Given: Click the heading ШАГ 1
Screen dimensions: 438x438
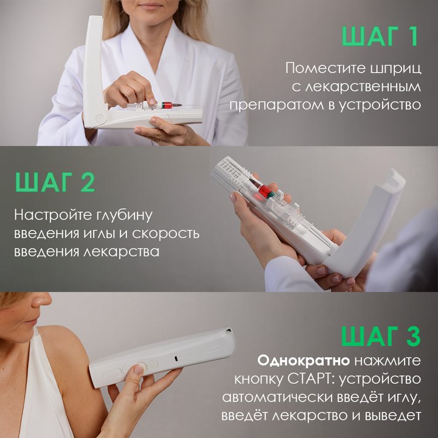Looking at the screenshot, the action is point(380,36).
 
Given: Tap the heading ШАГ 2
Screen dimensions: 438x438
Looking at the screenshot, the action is point(55,182).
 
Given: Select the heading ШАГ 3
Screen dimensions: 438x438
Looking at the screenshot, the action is point(381,336).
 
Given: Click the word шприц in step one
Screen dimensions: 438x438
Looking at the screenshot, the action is point(394,69).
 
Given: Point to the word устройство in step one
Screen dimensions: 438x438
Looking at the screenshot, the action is point(380,105).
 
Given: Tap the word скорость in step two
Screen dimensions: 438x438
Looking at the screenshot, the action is point(165,234).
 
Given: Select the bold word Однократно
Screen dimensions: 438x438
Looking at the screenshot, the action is point(304,361).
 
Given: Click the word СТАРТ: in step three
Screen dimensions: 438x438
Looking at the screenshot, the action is point(303,380).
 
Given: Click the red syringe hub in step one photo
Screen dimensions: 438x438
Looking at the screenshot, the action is point(167,106).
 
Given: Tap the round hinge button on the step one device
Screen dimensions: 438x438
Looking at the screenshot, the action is point(99,117).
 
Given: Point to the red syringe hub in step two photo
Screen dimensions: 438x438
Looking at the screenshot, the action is point(265,192).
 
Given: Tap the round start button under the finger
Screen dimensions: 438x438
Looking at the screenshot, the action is point(141,366).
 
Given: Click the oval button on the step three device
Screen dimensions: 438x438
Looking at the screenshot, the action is point(111,374).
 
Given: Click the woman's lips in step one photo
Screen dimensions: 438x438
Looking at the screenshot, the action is point(151,6).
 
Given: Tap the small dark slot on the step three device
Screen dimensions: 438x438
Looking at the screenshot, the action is point(176,358).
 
